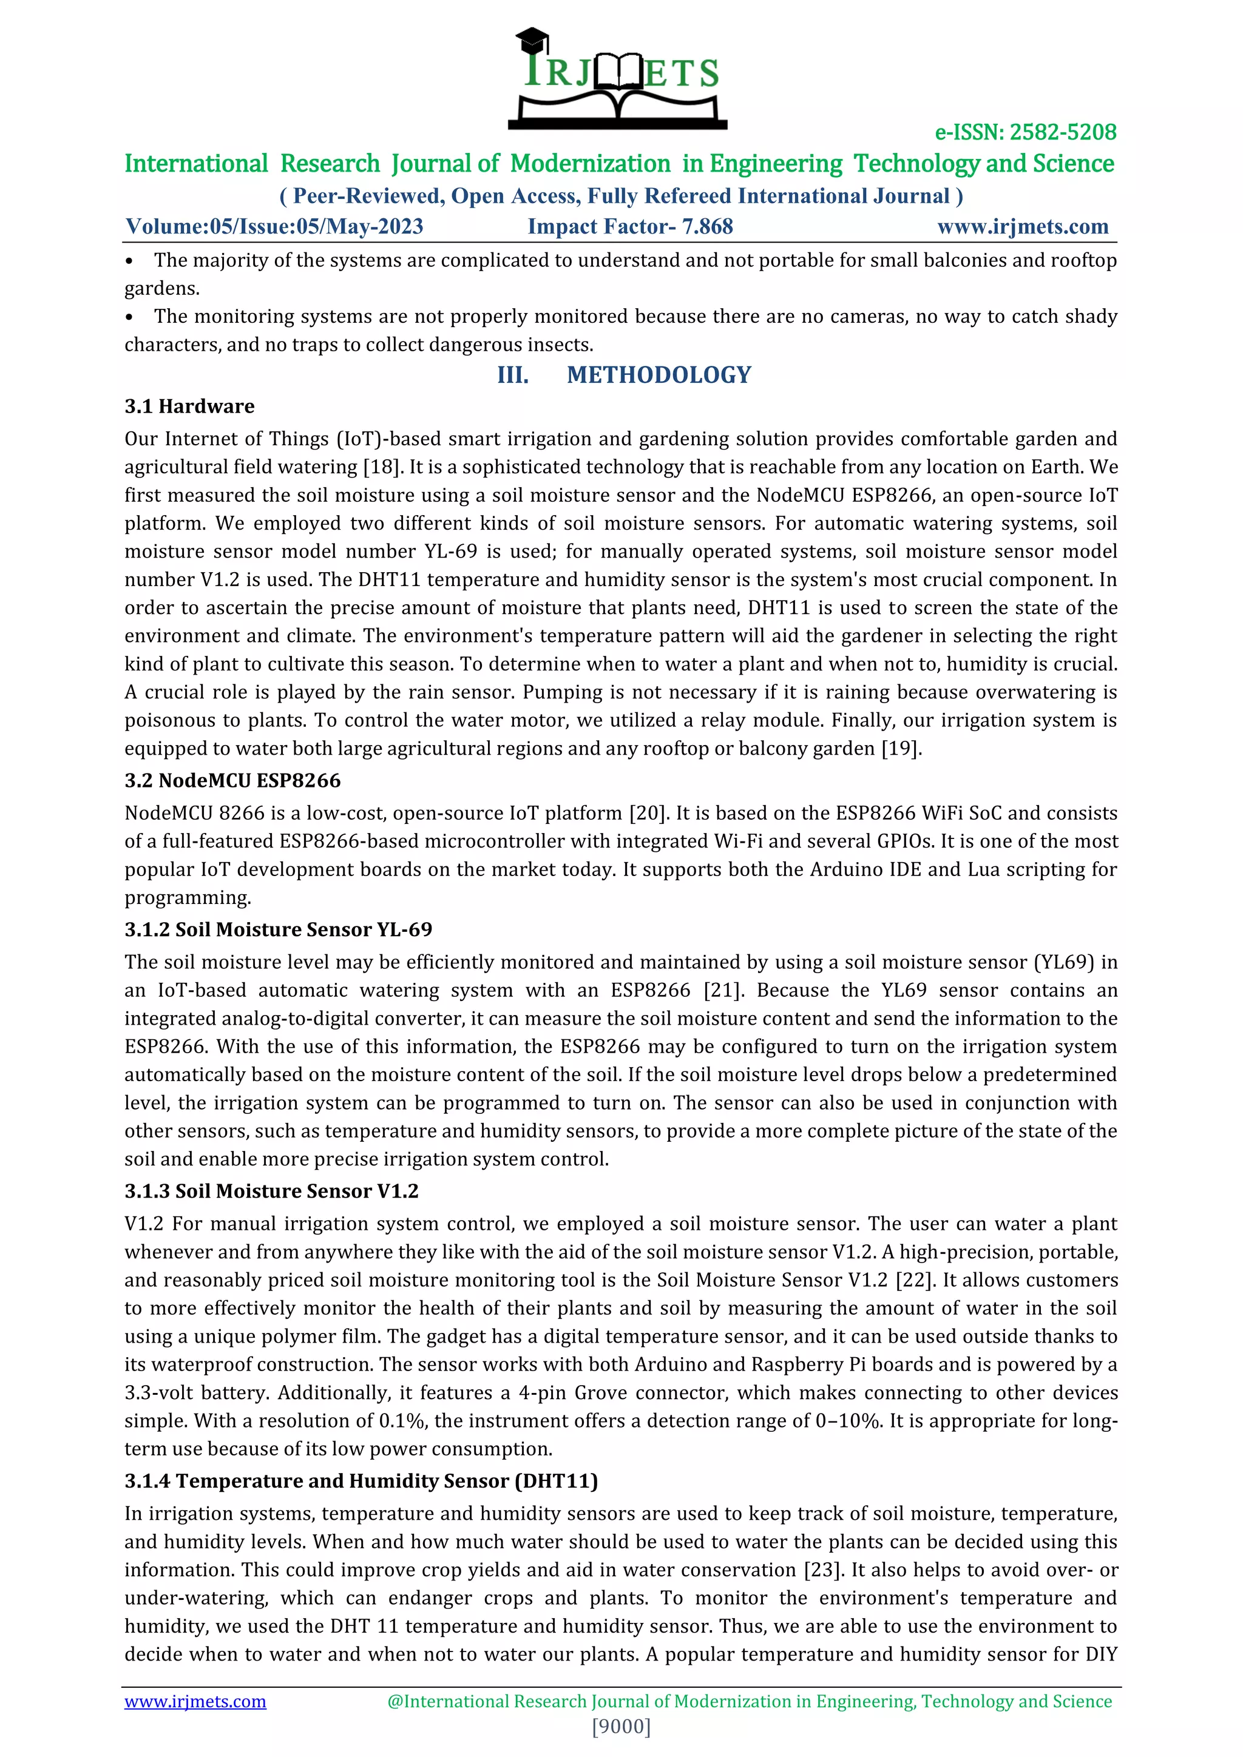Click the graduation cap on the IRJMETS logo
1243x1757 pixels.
(532, 38)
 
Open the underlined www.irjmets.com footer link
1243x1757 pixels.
(195, 1701)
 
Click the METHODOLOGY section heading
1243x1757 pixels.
(659, 375)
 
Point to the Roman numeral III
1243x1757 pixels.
(513, 375)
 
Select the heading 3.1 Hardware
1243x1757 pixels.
(190, 406)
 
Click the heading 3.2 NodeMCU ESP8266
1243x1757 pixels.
(232, 781)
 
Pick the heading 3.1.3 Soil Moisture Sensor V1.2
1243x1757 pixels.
(272, 1191)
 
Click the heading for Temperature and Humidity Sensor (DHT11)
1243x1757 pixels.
(361, 1481)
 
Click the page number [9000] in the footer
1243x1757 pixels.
(621, 1727)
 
